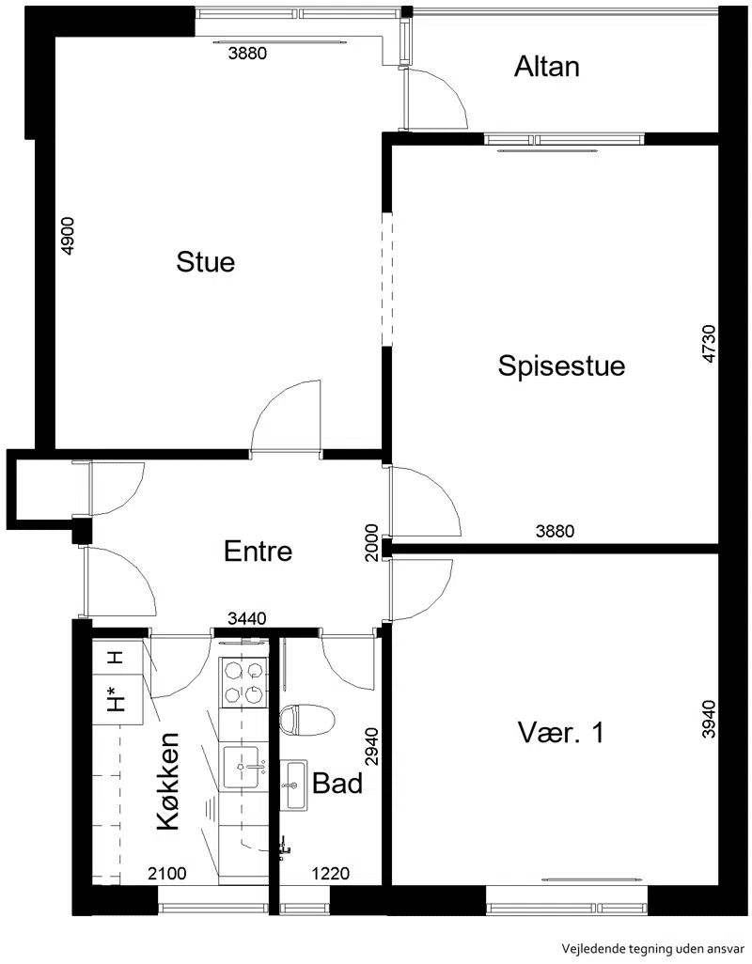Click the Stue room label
205,262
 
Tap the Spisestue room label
561,365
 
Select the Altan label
547,67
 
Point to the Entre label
258,551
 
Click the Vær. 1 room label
561,732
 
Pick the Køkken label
168,782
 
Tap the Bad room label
337,784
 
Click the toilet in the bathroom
306,720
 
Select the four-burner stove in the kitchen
243,681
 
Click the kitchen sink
243,767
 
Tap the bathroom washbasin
294,785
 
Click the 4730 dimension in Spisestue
709,344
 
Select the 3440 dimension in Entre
246,618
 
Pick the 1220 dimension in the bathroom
331,873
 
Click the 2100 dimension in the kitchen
167,873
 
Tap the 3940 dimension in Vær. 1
709,719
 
